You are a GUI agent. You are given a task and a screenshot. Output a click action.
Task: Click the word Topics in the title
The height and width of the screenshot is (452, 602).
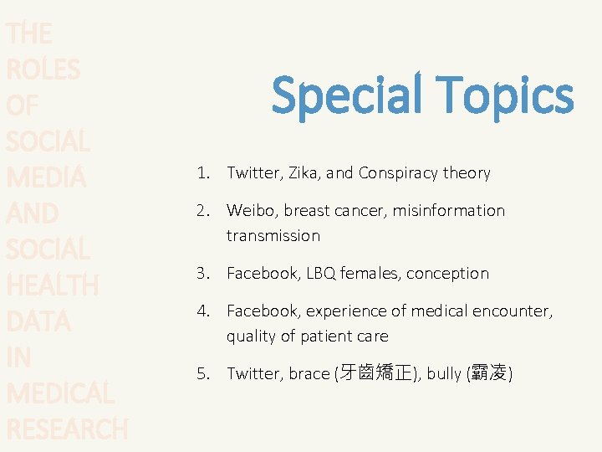503,95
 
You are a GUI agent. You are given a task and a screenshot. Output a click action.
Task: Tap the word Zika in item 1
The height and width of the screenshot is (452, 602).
303,173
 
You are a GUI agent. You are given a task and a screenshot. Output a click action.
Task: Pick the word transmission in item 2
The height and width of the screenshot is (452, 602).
273,236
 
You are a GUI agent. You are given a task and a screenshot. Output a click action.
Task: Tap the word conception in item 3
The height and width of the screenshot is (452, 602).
447,274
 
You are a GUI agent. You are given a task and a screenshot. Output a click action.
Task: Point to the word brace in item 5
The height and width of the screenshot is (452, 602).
309,374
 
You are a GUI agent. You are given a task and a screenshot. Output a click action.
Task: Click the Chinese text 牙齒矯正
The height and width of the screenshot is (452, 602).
375,374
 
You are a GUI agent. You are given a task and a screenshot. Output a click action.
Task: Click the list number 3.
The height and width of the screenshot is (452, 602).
202,274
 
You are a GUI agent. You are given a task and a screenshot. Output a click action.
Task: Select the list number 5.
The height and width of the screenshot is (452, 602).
202,374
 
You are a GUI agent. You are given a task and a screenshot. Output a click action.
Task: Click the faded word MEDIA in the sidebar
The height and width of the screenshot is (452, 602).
45,177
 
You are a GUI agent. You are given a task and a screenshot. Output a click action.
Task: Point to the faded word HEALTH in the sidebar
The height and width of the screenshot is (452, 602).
52,285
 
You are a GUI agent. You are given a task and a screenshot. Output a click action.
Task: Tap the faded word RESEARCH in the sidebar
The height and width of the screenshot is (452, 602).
67,429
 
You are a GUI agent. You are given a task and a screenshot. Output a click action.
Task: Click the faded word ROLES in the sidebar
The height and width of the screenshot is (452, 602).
43,69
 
